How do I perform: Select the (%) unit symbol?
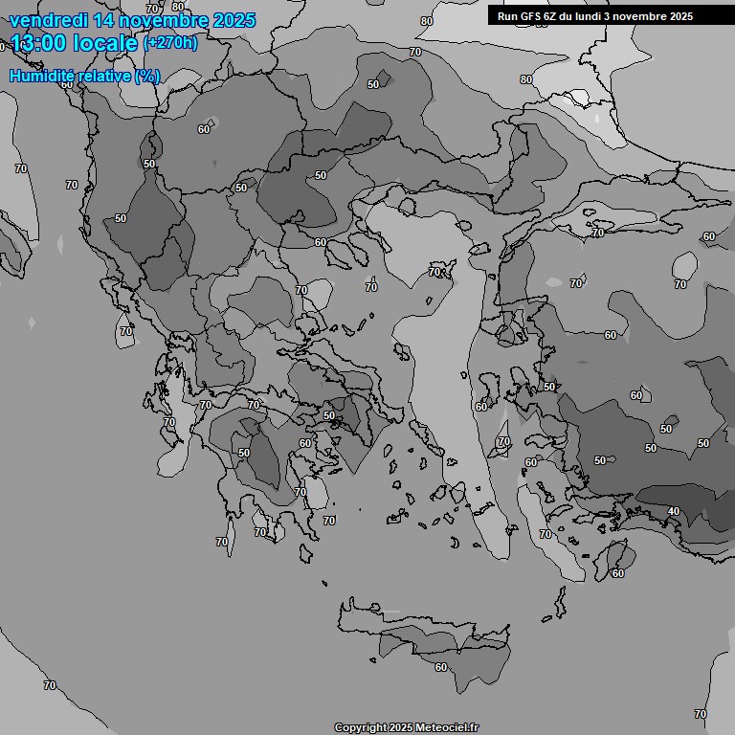147,75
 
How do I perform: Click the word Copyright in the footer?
362,727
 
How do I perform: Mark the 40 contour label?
673,511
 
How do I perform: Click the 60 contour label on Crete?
440,667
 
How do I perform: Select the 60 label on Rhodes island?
617,573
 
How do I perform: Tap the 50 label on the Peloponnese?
244,453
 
